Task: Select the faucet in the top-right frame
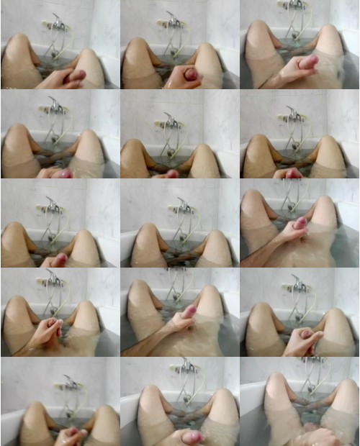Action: tap(293, 6)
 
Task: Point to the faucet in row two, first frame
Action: tap(55, 109)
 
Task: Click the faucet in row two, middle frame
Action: tap(171, 122)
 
